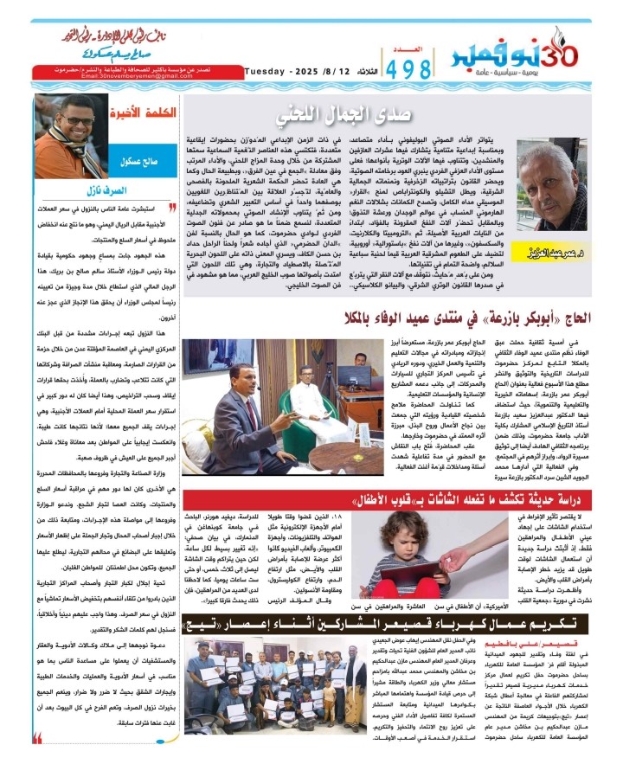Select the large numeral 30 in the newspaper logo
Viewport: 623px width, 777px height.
[x=571, y=43]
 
